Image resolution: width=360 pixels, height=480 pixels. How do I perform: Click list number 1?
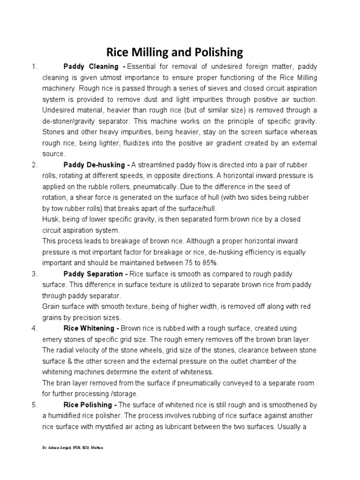(x=34, y=67)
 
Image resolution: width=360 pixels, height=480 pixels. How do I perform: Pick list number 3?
(x=34, y=274)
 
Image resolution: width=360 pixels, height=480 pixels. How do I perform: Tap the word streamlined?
(x=158, y=165)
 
